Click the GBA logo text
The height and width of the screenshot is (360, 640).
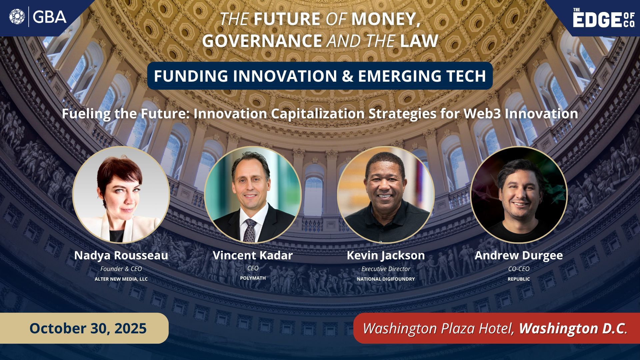50,17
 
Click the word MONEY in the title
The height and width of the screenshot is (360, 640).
385,19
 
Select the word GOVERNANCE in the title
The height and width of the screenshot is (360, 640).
262,41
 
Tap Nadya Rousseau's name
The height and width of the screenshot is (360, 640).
121,255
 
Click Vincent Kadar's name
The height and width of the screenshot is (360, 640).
253,255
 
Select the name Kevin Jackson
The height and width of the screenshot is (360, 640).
386,256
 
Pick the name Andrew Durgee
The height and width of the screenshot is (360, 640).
519,256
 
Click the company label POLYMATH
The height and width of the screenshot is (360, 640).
253,278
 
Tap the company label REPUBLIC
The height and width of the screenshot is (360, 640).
519,279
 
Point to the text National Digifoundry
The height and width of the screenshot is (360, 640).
386,279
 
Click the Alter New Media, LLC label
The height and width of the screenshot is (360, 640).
121,279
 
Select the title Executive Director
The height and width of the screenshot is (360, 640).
386,269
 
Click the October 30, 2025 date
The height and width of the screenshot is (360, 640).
88,328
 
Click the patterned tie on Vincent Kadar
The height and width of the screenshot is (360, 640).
250,230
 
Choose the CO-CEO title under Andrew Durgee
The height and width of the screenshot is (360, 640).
519,269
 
